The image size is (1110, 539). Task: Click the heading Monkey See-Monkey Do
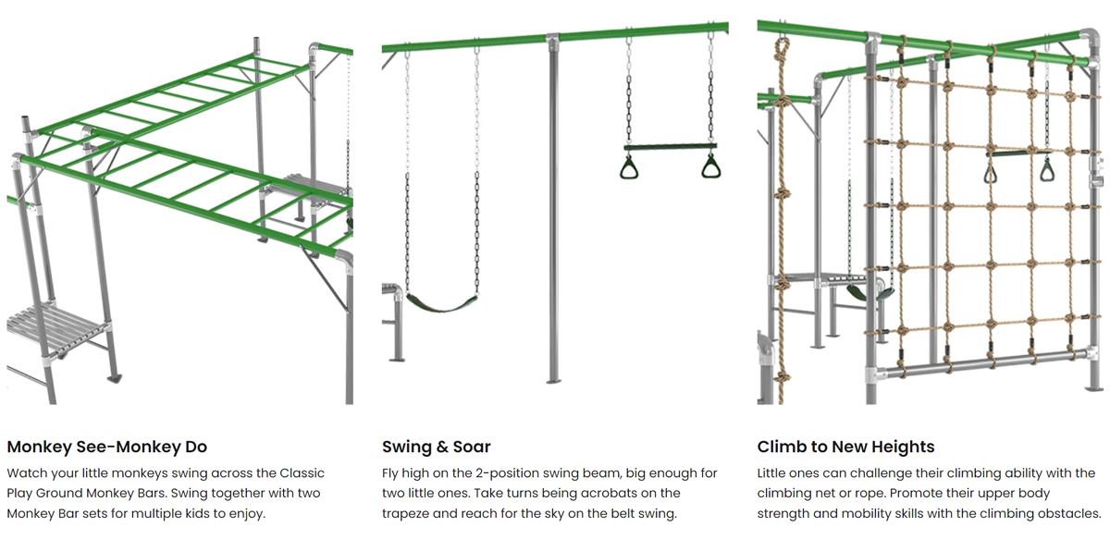(106, 447)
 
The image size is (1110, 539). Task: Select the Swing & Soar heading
(436, 447)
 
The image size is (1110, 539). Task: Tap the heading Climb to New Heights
(845, 447)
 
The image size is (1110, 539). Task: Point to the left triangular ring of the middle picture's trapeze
(630, 167)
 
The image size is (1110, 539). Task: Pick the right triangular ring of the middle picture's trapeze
(711, 167)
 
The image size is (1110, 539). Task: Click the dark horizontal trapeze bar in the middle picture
(671, 146)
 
